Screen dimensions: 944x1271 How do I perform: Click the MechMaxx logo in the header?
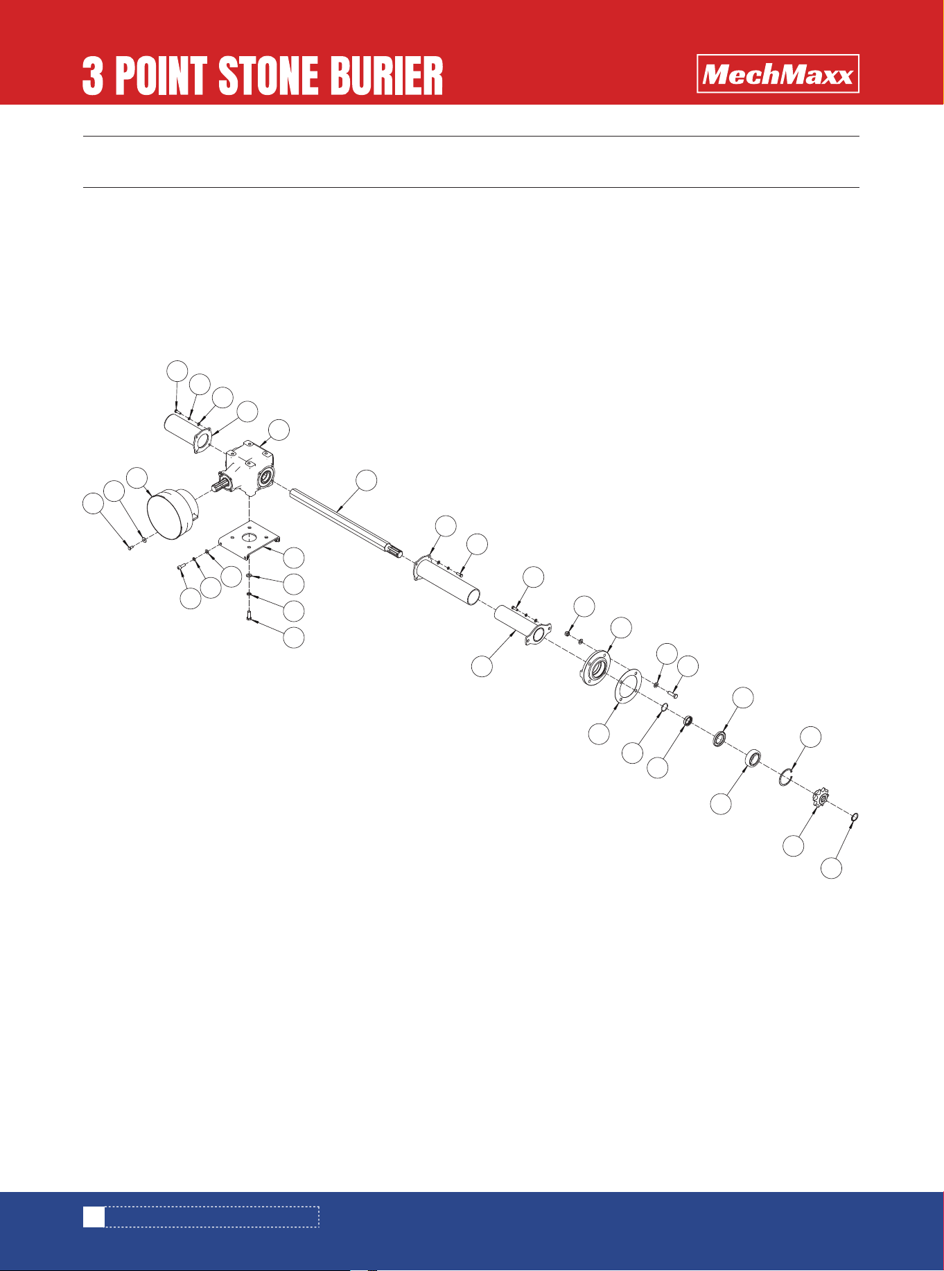[x=778, y=73]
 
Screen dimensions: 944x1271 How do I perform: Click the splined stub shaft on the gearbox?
[x=220, y=484]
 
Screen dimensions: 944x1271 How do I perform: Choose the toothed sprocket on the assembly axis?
[x=821, y=800]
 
